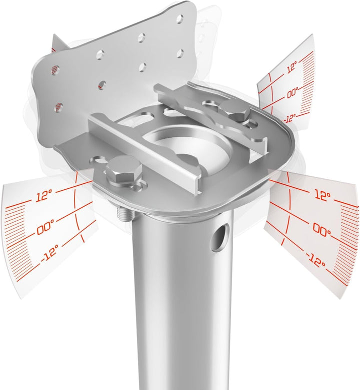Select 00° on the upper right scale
click(290, 94)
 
